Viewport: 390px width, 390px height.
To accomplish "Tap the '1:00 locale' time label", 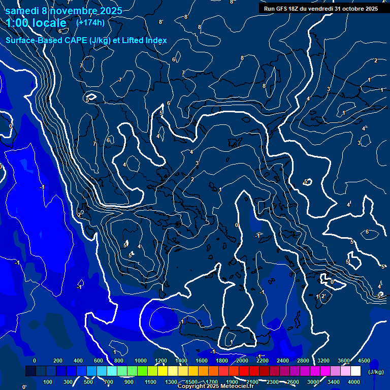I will click(36, 23).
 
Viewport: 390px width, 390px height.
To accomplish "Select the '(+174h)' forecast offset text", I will click(90, 22).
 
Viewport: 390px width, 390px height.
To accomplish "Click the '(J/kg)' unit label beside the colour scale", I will click(376, 372).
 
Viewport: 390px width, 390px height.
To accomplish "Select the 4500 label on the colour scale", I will click(364, 361).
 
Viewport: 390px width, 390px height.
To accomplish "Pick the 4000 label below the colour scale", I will click(354, 382).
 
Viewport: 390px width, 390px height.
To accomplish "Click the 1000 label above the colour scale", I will click(141, 361).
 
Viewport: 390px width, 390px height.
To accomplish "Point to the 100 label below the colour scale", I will click(48, 382).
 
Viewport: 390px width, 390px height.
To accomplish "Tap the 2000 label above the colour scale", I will click(242, 361).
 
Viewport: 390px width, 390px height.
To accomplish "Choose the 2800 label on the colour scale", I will click(303, 361).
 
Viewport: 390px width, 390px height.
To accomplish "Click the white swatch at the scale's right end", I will click(356, 371).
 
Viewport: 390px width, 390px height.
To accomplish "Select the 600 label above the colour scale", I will click(99, 361).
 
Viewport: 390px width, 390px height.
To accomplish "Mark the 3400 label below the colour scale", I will click(334, 382).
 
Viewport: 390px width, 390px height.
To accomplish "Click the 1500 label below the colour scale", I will click(191, 382).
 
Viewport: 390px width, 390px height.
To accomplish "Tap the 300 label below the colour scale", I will click(68, 382).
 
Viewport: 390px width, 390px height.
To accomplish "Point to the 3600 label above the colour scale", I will click(344, 361).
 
